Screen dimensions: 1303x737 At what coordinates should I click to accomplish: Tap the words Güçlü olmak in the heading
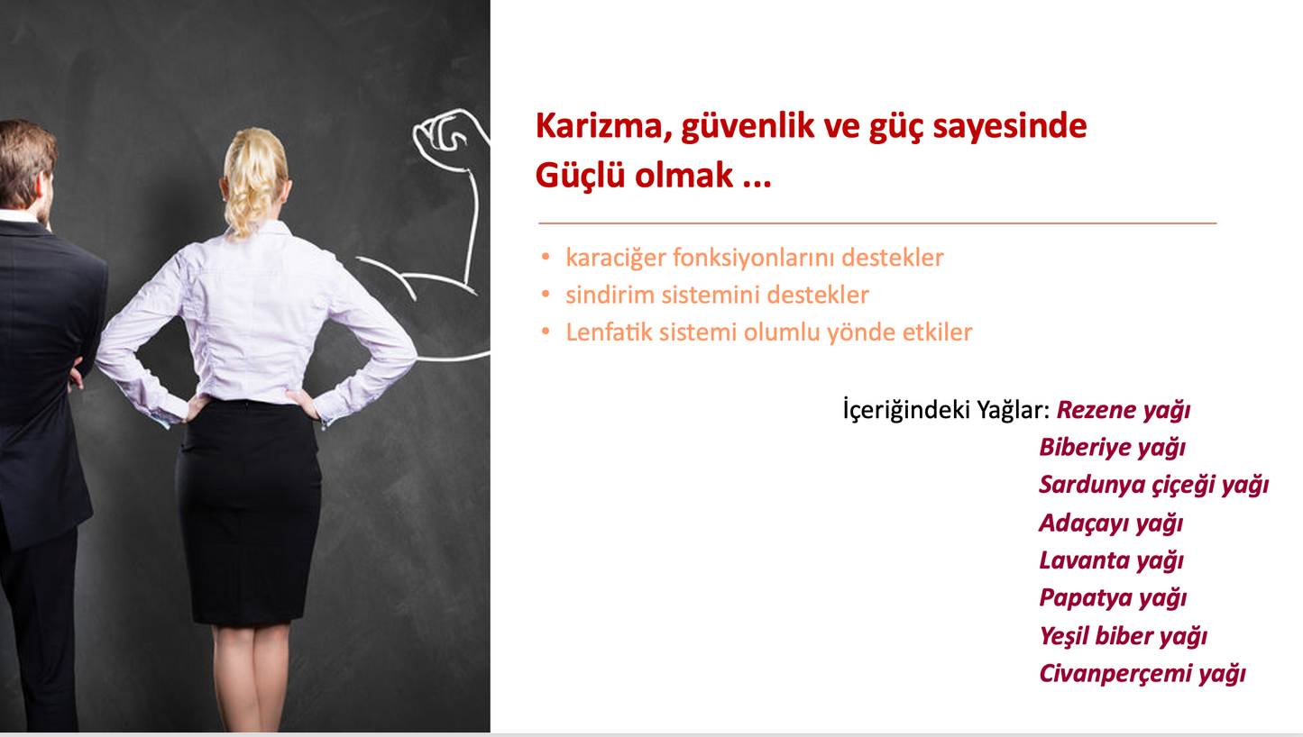634,176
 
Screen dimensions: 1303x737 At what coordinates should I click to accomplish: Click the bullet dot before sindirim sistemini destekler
546,294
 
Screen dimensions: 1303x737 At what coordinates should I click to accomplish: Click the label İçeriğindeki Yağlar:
947,410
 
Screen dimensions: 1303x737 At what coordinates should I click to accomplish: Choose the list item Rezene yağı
1124,410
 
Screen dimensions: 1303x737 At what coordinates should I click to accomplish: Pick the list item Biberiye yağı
1112,448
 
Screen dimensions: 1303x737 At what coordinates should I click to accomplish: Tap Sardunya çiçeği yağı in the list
1154,486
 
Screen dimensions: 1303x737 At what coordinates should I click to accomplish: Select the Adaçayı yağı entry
1111,523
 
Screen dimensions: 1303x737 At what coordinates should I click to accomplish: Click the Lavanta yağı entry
1112,561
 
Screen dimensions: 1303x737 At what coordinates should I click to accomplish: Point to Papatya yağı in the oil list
1113,598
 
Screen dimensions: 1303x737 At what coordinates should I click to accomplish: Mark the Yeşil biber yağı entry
1124,636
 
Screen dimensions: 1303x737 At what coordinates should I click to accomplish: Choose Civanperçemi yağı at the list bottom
1142,674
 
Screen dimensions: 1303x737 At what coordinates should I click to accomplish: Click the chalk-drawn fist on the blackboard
448,132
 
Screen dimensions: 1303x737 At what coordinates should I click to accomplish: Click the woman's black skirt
249,512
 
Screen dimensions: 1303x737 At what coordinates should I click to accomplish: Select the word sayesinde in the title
1010,126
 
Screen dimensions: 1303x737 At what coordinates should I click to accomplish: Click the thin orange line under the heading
877,223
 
